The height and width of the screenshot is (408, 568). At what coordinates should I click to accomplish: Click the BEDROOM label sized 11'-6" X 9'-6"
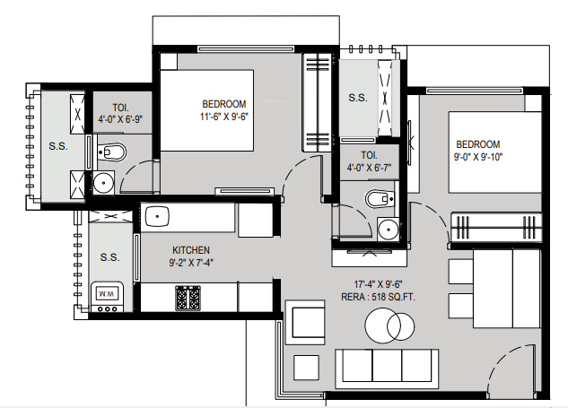pyautogui.click(x=223, y=104)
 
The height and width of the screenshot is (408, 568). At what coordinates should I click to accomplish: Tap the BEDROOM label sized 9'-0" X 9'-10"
pyautogui.click(x=477, y=144)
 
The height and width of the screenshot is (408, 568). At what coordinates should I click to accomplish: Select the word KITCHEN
pyautogui.click(x=191, y=250)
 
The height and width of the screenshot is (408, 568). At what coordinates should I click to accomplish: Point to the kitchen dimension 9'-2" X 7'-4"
pyautogui.click(x=191, y=264)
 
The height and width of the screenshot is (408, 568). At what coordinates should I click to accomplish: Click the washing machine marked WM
pyautogui.click(x=106, y=294)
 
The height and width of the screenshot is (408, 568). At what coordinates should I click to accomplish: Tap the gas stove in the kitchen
pyautogui.click(x=188, y=296)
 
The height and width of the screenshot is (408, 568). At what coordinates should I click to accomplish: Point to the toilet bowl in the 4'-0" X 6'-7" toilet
pyautogui.click(x=378, y=198)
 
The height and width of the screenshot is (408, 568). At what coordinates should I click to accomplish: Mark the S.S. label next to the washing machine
pyautogui.click(x=109, y=257)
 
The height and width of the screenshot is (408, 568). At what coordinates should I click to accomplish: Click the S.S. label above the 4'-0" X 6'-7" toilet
pyautogui.click(x=357, y=98)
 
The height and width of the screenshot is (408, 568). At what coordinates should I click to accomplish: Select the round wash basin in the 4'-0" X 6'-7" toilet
pyautogui.click(x=388, y=230)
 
